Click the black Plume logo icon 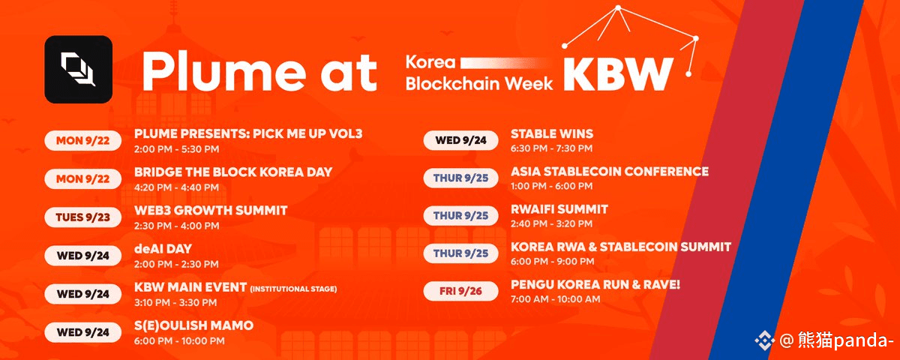78,69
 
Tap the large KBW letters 618,74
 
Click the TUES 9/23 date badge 82,217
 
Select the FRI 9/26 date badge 460,291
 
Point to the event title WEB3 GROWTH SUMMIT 211,211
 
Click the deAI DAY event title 163,249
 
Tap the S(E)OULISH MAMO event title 193,325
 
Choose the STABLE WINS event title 552,133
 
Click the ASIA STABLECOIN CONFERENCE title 610,172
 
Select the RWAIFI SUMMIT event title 559,209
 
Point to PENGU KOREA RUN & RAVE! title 595,285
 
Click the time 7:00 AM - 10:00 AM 555,299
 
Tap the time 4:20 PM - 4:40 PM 176,187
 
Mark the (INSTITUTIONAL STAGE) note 293,289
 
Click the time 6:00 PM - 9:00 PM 553,262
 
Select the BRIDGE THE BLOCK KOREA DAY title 233,172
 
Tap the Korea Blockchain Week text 479,73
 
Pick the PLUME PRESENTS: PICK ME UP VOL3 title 248,133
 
